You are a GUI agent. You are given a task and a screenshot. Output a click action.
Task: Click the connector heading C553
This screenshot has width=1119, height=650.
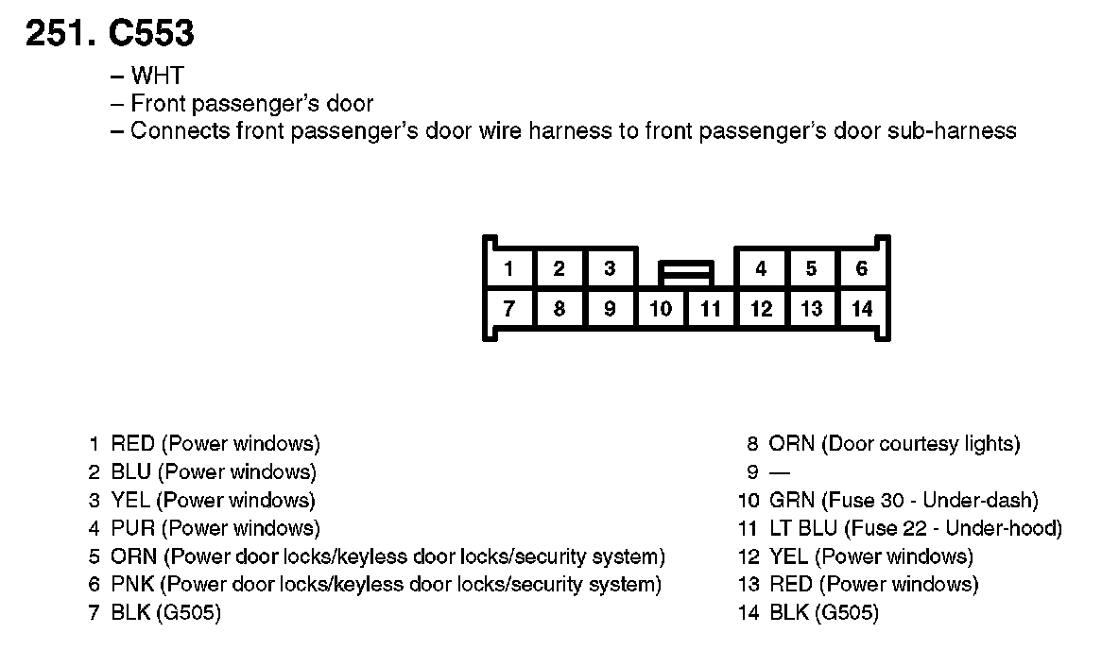(151, 34)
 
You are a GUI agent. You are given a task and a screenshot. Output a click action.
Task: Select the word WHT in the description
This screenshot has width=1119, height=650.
(157, 77)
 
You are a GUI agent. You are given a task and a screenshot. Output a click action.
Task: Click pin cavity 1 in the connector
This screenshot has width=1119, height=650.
(508, 268)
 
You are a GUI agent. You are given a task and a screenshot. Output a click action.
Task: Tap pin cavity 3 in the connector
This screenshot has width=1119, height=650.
(610, 268)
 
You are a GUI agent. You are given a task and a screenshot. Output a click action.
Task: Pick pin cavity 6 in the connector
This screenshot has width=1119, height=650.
(861, 268)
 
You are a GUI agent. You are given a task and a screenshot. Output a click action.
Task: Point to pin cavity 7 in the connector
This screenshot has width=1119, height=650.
(508, 309)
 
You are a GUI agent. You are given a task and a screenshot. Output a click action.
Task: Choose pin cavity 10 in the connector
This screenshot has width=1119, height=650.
(661, 309)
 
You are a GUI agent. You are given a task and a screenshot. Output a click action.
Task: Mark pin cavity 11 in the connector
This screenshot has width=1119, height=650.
(711, 309)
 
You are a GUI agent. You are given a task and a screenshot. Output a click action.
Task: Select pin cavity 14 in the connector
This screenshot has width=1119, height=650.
(861, 309)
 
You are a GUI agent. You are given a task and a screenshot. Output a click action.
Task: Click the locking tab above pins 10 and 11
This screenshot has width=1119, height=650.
(686, 273)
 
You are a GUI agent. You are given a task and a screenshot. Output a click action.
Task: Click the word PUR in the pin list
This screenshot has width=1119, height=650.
(132, 528)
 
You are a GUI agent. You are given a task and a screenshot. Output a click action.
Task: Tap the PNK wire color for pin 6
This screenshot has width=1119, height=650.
(132, 585)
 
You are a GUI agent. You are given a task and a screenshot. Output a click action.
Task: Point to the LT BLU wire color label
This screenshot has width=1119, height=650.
(803, 528)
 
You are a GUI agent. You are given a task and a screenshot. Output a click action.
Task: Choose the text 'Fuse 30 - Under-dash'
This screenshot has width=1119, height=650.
(930, 500)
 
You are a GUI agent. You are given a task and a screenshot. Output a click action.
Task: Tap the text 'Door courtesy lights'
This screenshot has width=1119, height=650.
(921, 443)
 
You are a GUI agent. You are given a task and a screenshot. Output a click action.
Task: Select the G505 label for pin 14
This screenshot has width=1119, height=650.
(845, 613)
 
